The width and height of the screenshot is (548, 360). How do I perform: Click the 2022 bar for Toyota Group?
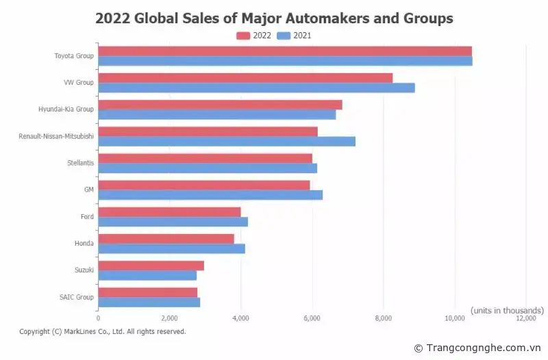pos(285,51)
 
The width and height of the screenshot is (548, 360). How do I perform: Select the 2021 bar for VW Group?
pos(256,88)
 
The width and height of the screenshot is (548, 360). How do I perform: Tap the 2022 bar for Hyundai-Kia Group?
pos(220,105)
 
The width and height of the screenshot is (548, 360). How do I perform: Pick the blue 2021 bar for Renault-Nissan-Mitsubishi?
pos(227,141)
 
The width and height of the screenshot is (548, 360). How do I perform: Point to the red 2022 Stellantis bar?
pos(205,158)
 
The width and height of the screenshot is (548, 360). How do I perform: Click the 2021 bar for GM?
pos(210,195)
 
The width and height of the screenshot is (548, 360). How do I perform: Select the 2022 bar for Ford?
pos(169,212)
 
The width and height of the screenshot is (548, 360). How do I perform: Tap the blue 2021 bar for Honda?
pos(171,248)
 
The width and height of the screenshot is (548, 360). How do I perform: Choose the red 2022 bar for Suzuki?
pos(151,266)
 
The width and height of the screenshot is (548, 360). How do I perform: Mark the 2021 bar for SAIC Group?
pos(149,302)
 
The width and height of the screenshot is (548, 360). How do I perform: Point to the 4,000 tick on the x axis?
pos(240,318)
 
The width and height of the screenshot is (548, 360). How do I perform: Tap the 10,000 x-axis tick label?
pos(455,318)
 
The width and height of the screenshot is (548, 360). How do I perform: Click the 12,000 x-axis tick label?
pos(526,318)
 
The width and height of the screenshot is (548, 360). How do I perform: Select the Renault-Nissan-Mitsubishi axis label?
pos(56,136)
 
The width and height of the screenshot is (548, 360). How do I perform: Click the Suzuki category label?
pos(84,270)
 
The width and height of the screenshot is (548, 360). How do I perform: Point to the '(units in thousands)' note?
pos(507,310)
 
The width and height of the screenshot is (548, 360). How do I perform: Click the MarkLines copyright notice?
pos(103,331)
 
